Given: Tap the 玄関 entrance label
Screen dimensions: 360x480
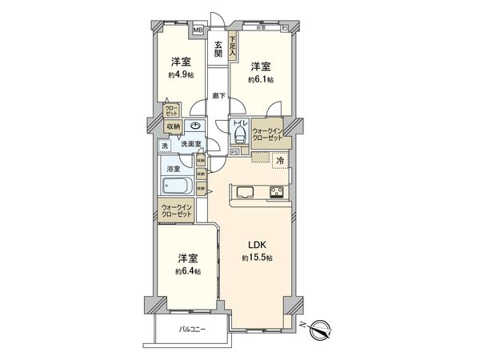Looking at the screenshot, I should (218, 50).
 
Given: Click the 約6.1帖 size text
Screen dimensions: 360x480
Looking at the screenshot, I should (260, 80).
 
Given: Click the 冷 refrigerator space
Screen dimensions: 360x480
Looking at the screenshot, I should (280, 161).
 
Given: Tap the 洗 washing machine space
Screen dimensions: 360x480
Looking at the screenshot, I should (162, 146).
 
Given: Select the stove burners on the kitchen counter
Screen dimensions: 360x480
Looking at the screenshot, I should (277, 191).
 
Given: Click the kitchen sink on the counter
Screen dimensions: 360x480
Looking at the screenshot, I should (244, 192).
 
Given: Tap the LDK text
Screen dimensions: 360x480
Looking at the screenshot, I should (257, 245).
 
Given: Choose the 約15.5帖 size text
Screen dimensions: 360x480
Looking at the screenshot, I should (257, 258).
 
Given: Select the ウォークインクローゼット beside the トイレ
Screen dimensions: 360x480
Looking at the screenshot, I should (267, 134).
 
